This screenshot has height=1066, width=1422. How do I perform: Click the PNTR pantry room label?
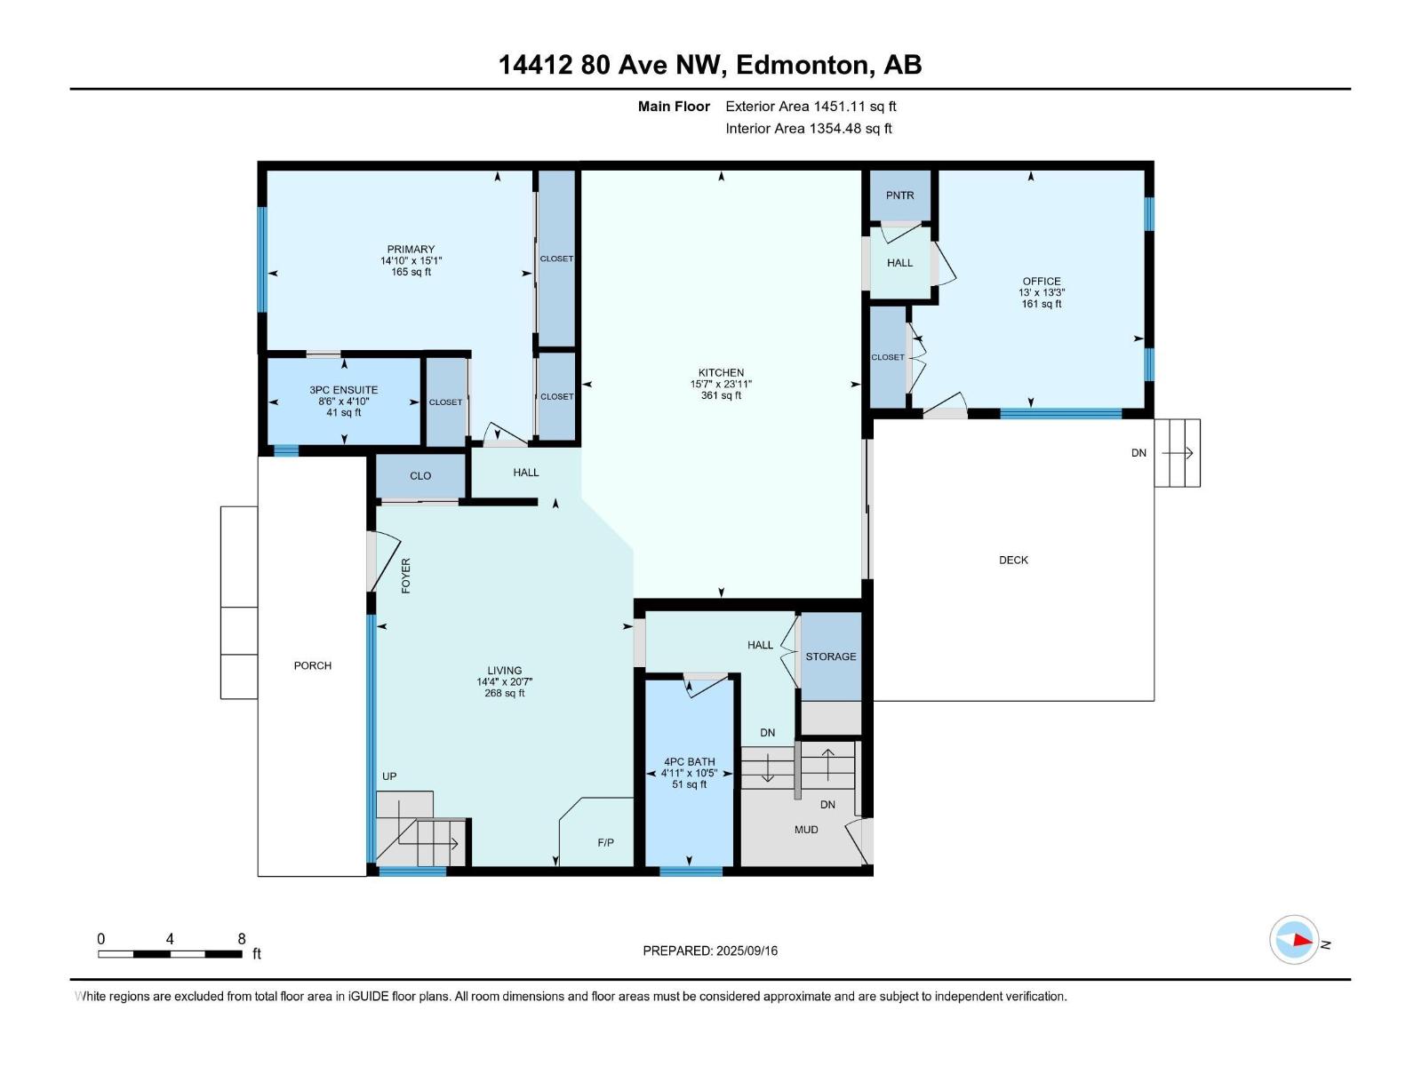point(899,195)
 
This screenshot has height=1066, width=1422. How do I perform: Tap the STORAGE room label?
point(830,656)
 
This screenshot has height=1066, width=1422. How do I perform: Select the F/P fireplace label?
point(606,843)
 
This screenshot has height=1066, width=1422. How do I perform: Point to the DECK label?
point(1013,560)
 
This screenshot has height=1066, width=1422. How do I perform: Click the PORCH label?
point(312,665)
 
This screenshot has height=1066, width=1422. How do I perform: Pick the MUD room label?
point(806,830)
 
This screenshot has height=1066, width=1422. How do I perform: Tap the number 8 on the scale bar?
point(242,938)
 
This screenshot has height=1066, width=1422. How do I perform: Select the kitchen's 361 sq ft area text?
point(721,395)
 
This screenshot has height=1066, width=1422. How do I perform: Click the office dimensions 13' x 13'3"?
point(1042,292)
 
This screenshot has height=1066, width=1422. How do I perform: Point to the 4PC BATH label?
point(690,762)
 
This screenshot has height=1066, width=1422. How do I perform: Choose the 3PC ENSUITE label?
point(343,390)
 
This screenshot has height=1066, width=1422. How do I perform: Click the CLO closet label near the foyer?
point(420,476)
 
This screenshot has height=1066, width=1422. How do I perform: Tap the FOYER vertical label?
point(406,576)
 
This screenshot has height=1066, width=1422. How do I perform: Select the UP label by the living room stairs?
point(389,776)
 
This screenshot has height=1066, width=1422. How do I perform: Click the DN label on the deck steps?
point(1138,453)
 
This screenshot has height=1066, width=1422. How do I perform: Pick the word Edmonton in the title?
point(802,65)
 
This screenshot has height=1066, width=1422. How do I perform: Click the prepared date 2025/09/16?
point(747,951)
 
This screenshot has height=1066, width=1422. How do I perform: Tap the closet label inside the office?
point(888,357)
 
